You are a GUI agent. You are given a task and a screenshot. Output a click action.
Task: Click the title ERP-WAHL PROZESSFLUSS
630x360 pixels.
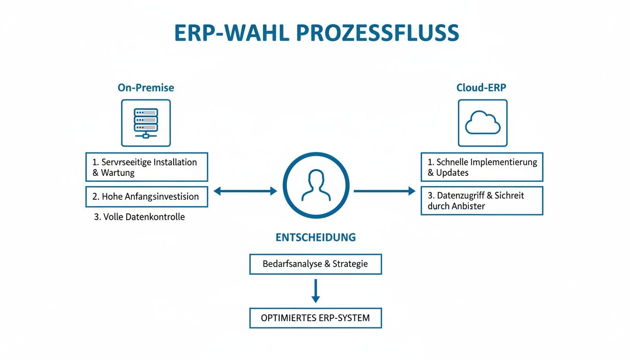(x=316, y=33)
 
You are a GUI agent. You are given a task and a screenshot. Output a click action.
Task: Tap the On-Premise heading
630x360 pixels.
(x=146, y=88)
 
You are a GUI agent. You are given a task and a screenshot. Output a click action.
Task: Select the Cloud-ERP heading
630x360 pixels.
(x=481, y=88)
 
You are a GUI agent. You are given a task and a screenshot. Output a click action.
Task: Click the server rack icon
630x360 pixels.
(x=146, y=123)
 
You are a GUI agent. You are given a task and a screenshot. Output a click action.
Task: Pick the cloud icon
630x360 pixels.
(x=482, y=123)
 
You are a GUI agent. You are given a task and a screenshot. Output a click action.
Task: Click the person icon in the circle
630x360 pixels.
(x=315, y=185)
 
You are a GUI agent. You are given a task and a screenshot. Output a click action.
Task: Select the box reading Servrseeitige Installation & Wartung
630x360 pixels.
(x=146, y=167)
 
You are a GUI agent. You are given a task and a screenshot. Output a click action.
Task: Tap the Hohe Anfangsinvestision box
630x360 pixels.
(x=146, y=197)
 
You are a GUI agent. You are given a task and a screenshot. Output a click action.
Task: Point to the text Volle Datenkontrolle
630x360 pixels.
(x=139, y=217)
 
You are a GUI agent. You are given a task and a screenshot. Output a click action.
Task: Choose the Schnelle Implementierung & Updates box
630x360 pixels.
(x=481, y=167)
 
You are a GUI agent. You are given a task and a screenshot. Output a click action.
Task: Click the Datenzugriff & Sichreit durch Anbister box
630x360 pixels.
(x=481, y=201)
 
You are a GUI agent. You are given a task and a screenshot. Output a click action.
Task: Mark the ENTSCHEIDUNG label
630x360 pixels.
(x=315, y=237)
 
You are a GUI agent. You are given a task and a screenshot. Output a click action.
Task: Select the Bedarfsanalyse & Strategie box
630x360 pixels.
(x=315, y=264)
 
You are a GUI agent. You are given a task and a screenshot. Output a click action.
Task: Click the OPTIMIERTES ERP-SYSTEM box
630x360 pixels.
(x=315, y=318)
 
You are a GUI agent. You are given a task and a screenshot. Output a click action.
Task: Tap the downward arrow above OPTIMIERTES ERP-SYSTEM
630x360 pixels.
(x=315, y=291)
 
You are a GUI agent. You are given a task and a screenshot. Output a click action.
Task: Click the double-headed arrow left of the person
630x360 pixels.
(x=245, y=191)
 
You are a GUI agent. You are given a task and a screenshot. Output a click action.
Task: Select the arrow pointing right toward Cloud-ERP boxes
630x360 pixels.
(x=384, y=191)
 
